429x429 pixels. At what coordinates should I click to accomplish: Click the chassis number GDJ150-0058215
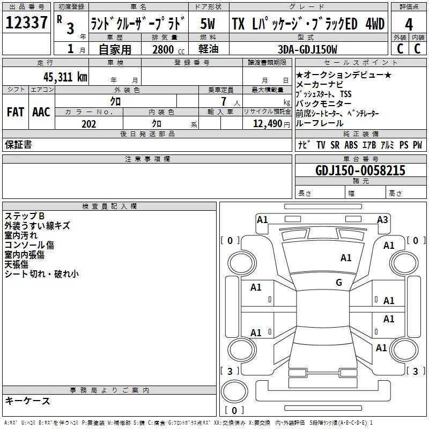coord(360,171)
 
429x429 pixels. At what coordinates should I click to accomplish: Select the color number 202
coord(88,124)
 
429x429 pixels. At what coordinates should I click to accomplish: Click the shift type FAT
coord(15,112)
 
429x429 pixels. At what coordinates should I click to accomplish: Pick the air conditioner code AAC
coord(41,112)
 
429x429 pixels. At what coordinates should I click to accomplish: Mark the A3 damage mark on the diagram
coord(382,219)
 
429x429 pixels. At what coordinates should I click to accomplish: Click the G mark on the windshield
coord(339,282)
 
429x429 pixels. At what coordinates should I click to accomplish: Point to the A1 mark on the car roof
coord(346,258)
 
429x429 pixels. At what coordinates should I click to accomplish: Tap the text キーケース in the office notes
coord(28,401)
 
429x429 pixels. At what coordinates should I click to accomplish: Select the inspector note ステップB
coord(25,216)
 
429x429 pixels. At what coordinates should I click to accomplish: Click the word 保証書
coord(18,144)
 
